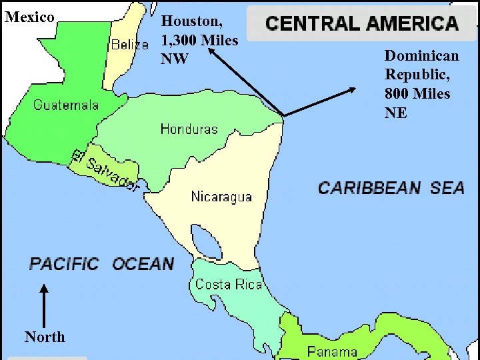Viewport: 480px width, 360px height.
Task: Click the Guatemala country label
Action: coord(66,105)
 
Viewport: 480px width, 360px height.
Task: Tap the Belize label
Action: coord(129,45)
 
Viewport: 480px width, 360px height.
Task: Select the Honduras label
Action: coord(189,129)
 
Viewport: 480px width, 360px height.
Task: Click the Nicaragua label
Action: coord(221,197)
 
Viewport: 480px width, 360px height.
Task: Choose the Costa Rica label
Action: coord(229,285)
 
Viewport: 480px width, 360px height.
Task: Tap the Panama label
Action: coord(332,351)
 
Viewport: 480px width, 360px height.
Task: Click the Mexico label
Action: coord(29,17)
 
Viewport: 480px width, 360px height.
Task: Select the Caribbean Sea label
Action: coord(391,188)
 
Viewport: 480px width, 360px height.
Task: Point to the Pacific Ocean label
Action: coord(101,265)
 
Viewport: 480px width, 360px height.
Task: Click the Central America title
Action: coord(362,24)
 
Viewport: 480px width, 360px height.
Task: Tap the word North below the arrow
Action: coord(45,337)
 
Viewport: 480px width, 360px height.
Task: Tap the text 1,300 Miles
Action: coord(199,41)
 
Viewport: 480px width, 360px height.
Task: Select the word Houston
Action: coord(192,22)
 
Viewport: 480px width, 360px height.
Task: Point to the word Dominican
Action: coord(421,55)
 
